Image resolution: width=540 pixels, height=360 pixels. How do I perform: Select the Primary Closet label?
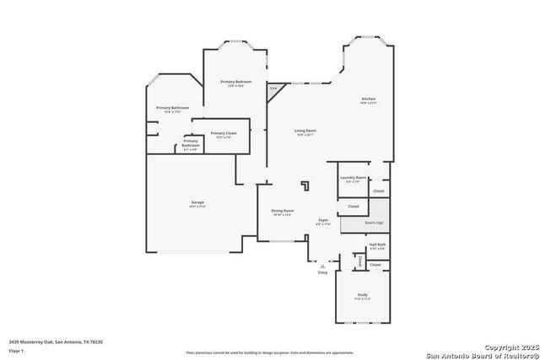[x=224, y=133]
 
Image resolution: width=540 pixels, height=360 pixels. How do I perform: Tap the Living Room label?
[x=305, y=131]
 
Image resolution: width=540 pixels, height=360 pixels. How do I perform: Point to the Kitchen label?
[x=369, y=99]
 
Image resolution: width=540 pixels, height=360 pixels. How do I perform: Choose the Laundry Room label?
[x=353, y=178]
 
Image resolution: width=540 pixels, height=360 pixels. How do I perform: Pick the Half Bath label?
[x=376, y=244]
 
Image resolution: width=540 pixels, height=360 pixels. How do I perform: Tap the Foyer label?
[x=322, y=221]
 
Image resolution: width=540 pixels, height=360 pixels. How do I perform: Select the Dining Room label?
[x=282, y=211]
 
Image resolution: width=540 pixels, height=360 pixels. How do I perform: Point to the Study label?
[x=362, y=295]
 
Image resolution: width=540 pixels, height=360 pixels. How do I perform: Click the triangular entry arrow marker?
[x=322, y=266]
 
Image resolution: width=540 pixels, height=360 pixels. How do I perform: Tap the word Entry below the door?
[x=322, y=272]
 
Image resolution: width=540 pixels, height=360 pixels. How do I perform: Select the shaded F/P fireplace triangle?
[x=274, y=89]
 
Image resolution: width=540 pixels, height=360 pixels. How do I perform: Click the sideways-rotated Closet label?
[x=360, y=262]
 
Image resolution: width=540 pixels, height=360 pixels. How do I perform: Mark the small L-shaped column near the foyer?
[x=306, y=186]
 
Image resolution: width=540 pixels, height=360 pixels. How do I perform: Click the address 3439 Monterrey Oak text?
[x=56, y=341]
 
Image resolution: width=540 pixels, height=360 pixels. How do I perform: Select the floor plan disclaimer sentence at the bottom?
[x=270, y=352]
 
